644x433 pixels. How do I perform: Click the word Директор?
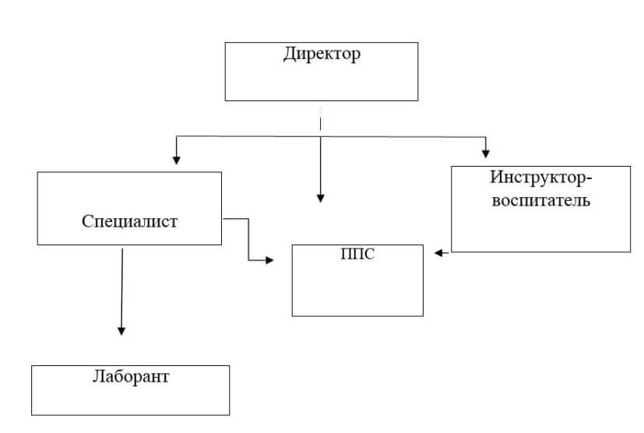click(x=322, y=55)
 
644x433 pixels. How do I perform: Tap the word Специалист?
click(x=129, y=221)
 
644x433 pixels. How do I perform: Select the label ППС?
click(x=358, y=255)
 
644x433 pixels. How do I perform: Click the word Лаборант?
click(x=130, y=378)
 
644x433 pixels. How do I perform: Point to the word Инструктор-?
click(x=541, y=177)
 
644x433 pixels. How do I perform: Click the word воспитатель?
click(x=540, y=200)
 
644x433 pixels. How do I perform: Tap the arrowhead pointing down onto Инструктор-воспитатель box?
click(x=487, y=152)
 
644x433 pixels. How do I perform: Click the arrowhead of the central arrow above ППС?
click(x=320, y=199)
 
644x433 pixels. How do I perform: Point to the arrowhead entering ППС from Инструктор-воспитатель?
click(x=439, y=252)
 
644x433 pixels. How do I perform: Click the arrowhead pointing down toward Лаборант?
click(x=121, y=330)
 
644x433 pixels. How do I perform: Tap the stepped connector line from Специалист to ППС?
click(x=248, y=238)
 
